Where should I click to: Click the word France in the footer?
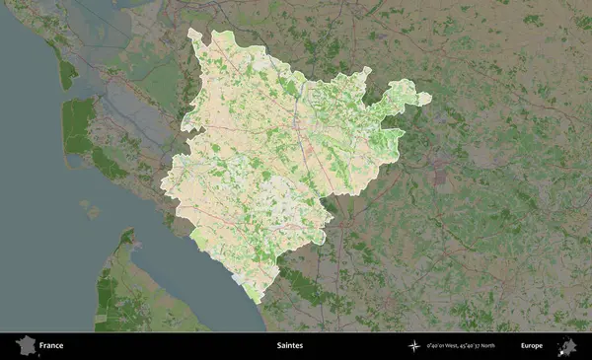[x=51, y=346]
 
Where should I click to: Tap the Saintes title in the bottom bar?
[x=290, y=346]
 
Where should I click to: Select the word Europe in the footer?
[x=532, y=346]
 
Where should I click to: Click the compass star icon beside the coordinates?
[x=414, y=346]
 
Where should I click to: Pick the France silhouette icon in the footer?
[x=24, y=345]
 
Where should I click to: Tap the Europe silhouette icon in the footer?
[x=567, y=345]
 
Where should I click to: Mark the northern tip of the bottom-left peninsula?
[x=126, y=233]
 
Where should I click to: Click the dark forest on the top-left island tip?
[x=67, y=73]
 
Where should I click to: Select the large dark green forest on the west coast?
[x=77, y=125]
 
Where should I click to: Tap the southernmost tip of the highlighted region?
[x=257, y=300]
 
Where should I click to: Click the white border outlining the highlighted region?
[x=163, y=187]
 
